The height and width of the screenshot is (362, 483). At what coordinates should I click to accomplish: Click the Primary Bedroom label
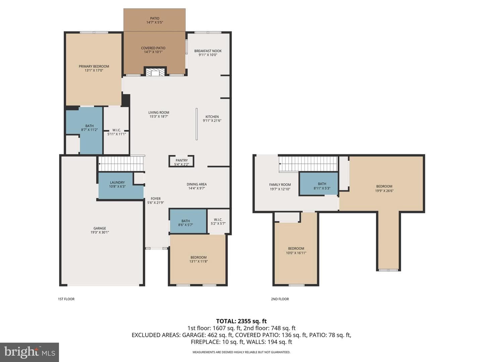pyautogui.click(x=94, y=66)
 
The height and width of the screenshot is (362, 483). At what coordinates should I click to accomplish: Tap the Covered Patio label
pyautogui.click(x=153, y=48)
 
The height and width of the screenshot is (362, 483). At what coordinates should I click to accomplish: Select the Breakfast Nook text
pyautogui.click(x=208, y=51)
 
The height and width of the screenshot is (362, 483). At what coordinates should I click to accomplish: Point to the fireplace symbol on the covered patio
pyautogui.click(x=155, y=71)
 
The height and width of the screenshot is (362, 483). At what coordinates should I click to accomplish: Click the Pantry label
pyautogui.click(x=181, y=161)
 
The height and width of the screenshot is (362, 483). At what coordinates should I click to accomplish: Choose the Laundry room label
pyautogui.click(x=117, y=182)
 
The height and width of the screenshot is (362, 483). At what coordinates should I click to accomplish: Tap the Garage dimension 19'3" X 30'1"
pyautogui.click(x=100, y=232)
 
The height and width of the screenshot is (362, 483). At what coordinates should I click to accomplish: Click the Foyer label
pyautogui.click(x=156, y=198)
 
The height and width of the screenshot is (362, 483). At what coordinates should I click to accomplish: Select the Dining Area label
pyautogui.click(x=197, y=184)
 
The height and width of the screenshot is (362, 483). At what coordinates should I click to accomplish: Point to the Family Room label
pyautogui.click(x=280, y=185)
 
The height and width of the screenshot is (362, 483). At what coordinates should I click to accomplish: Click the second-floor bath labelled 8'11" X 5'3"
pyautogui.click(x=322, y=186)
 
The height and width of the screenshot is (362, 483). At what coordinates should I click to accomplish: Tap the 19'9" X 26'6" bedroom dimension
pyautogui.click(x=384, y=191)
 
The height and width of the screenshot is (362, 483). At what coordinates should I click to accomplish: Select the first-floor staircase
pyautogui.click(x=121, y=164)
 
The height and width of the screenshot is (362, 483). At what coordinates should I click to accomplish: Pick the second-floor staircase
pyautogui.click(x=308, y=164)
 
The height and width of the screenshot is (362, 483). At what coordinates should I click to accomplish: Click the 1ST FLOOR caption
pyautogui.click(x=66, y=299)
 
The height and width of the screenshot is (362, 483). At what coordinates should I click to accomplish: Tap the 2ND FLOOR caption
pyautogui.click(x=280, y=299)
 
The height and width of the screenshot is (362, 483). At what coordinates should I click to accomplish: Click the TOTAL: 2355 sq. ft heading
pyautogui.click(x=241, y=321)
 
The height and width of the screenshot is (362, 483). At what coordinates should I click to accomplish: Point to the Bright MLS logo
pyautogui.click(x=30, y=352)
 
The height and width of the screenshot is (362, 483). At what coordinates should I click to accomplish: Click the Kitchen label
pyautogui.click(x=212, y=117)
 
